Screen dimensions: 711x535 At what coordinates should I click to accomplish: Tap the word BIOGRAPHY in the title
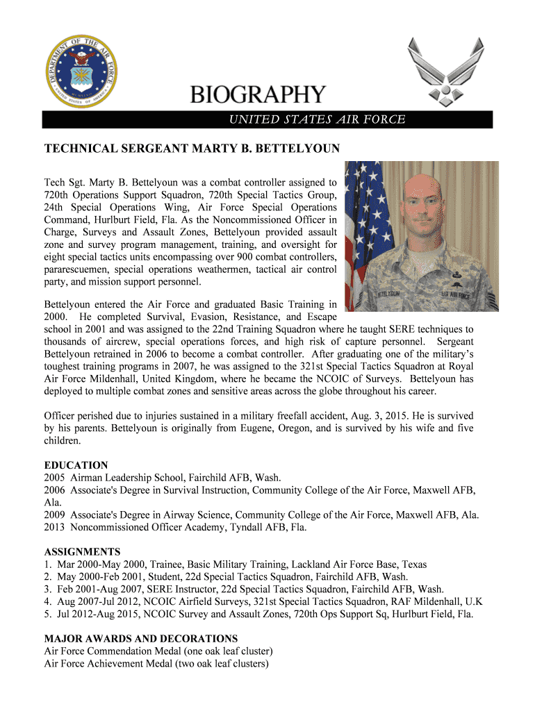point(258,95)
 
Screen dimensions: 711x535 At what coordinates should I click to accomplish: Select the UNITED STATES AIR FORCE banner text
point(318,119)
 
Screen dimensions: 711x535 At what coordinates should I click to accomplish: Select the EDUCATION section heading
point(76,465)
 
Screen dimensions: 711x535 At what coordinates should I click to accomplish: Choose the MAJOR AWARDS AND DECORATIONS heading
point(141,638)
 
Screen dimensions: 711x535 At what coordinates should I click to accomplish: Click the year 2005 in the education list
point(56,478)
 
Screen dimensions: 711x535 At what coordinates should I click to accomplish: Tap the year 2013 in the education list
point(56,528)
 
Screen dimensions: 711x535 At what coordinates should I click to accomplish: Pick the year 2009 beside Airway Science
point(56,515)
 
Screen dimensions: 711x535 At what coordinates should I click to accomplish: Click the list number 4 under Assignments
point(47,601)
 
